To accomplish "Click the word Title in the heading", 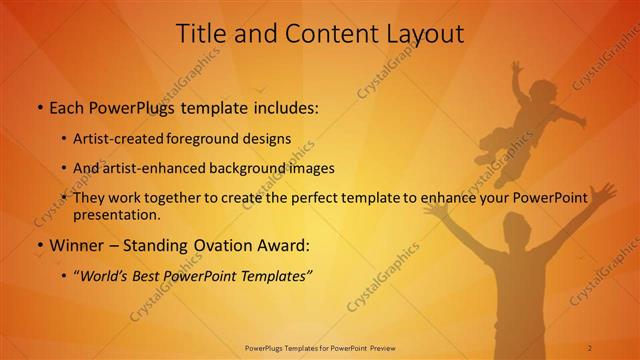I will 201,33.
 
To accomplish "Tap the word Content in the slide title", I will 327,33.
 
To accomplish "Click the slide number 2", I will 590,347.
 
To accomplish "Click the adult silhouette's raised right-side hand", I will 602,190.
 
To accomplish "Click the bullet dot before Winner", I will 39,245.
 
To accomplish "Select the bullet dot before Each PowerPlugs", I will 39,107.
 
